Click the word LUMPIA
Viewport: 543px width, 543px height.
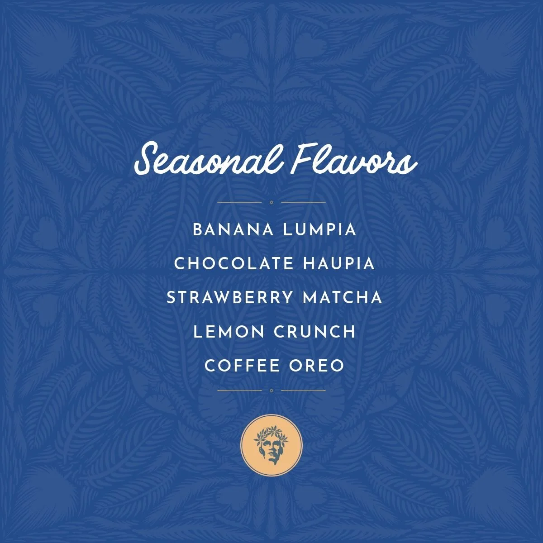319,230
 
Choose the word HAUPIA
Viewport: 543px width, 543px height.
339,264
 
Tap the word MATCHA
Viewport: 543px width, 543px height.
343,298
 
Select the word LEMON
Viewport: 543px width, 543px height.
229,332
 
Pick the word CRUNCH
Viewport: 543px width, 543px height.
315,332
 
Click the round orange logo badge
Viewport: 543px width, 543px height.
271,445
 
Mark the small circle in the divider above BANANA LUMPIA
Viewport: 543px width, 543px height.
271,202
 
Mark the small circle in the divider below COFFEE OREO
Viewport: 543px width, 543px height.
271,390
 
